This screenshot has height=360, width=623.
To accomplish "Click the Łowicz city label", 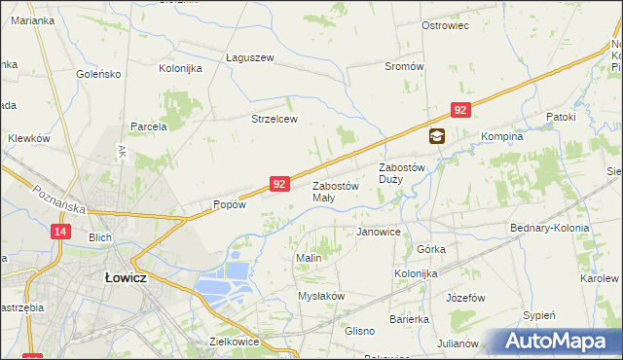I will (x=125, y=276).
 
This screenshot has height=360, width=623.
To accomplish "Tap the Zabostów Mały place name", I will (x=335, y=192).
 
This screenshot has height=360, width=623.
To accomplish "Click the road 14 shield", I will (x=61, y=231).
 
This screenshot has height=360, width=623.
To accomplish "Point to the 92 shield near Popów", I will (x=279, y=183).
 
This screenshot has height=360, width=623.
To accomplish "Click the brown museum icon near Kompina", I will (x=436, y=137).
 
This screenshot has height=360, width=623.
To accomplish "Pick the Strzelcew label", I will (x=274, y=119).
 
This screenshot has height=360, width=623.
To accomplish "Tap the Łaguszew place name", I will (x=249, y=57).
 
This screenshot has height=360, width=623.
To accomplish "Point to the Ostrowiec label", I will (x=446, y=24).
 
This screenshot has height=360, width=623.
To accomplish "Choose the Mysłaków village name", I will (x=321, y=296).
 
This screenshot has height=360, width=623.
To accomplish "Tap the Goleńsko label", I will (x=99, y=73).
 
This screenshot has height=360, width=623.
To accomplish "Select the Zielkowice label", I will (x=233, y=342).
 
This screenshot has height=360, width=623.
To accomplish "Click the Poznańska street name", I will (x=59, y=198).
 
